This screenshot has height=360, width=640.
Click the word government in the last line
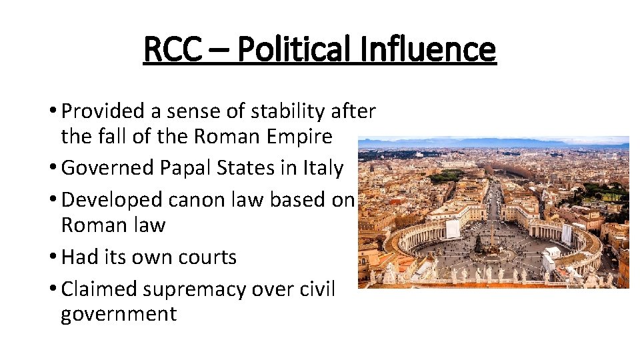[x=119, y=314]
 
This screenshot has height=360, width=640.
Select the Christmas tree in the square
[x=478, y=244]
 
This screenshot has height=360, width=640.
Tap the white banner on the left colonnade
[x=453, y=229]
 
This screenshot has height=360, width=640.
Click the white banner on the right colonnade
[x=567, y=234]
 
